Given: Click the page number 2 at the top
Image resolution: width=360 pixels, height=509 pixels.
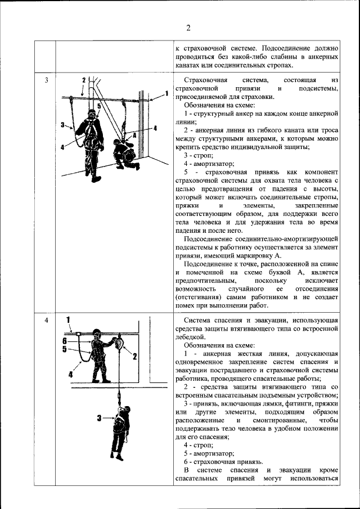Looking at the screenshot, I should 188,28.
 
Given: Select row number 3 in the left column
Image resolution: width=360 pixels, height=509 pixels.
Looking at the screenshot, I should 47,80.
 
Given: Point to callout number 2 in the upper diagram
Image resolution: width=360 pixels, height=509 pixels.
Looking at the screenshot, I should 83,80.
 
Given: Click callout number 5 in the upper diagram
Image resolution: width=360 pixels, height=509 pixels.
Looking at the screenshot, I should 98,105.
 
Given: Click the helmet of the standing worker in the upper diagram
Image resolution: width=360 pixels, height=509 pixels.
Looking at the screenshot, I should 90,113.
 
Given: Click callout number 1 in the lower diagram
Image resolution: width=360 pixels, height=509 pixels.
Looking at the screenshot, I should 68,320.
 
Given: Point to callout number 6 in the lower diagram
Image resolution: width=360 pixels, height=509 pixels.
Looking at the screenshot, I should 65,340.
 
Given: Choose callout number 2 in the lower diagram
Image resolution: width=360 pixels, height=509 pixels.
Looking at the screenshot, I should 135,356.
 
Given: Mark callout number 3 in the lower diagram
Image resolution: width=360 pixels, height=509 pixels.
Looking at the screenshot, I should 99,418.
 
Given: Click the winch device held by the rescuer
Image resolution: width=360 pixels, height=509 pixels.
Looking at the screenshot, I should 119,341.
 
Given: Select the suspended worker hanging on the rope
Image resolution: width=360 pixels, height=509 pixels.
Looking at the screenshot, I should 120,427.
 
